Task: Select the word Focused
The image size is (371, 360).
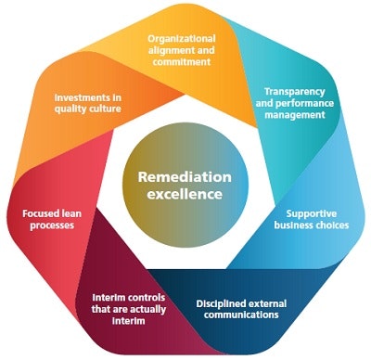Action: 41,212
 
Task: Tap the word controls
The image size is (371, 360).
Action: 140,299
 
